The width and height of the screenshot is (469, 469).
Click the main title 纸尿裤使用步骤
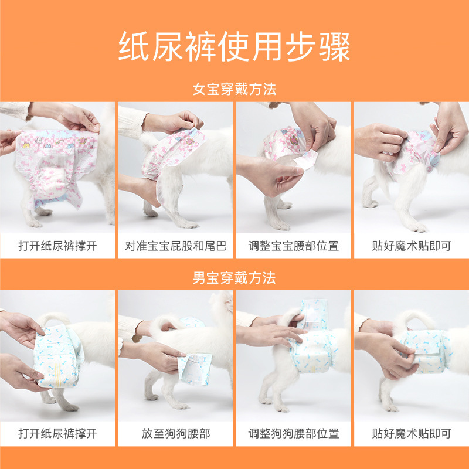point(235,46)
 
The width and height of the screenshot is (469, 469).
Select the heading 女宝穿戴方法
point(235,90)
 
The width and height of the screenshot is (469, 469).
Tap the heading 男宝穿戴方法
point(235,277)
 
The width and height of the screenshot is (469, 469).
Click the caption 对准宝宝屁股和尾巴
point(176,246)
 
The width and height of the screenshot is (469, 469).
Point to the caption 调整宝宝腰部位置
point(294,246)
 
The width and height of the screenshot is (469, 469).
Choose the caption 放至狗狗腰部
point(176,434)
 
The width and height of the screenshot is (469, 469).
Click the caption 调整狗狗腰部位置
point(294,434)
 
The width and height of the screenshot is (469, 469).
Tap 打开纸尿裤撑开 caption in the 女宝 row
point(57,246)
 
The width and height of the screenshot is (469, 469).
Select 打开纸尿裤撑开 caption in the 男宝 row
point(57,434)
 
